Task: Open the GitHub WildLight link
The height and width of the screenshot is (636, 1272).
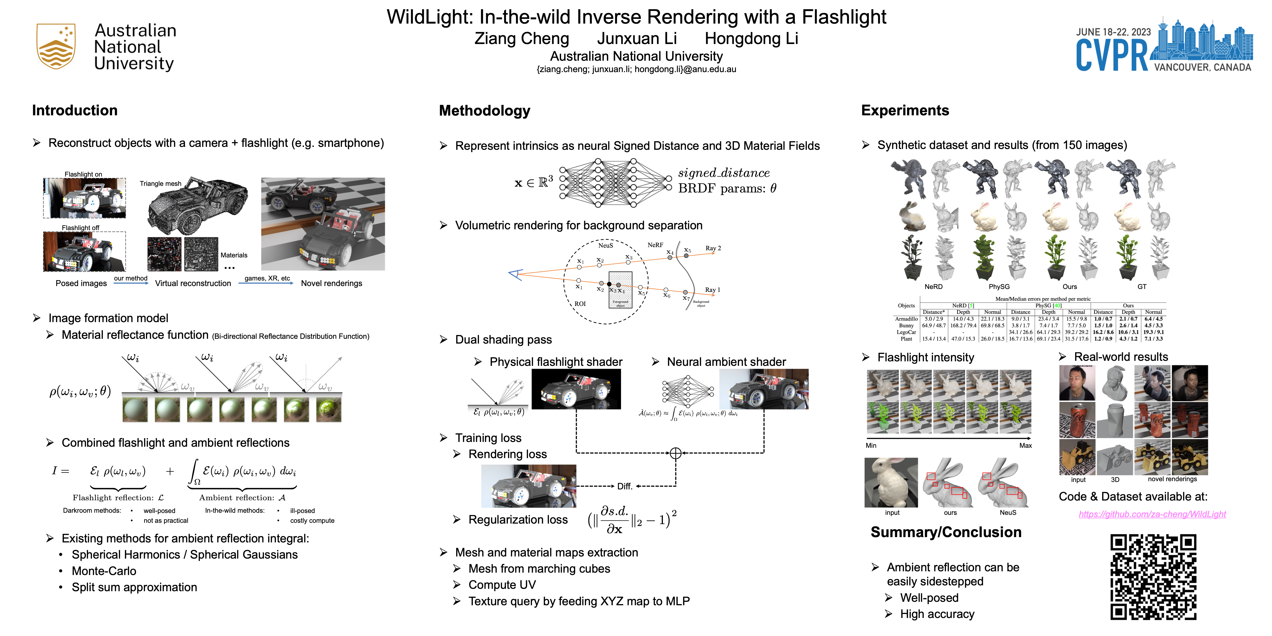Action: click(1152, 514)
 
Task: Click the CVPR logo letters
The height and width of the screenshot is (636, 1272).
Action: click(1112, 55)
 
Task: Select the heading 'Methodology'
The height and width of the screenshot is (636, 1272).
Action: click(485, 111)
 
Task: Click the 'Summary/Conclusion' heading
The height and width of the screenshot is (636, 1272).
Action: click(946, 532)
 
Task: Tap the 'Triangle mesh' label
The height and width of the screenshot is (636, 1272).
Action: click(160, 184)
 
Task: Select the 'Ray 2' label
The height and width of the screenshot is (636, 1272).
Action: click(712, 248)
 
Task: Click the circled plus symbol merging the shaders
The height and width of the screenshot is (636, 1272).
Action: click(676, 453)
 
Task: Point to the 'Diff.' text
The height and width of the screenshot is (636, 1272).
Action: click(625, 486)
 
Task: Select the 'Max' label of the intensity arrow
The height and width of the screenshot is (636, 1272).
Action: click(1025, 445)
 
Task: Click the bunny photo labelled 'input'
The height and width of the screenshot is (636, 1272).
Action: click(891, 483)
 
